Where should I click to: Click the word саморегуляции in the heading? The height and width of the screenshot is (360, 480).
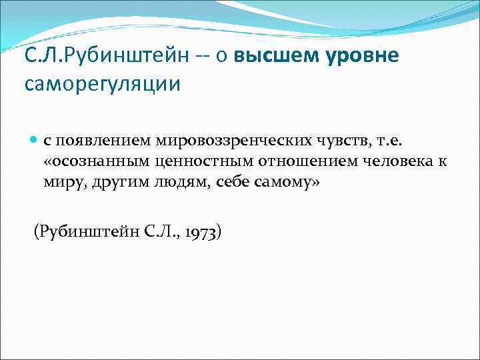[x=102, y=85]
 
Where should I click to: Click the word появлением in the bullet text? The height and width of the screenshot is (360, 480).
[x=103, y=141]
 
